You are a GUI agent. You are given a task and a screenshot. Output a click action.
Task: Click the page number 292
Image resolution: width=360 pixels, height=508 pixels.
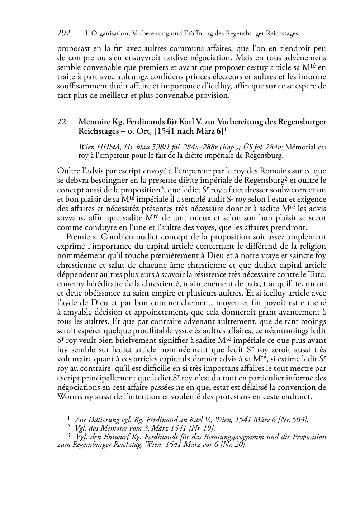64,33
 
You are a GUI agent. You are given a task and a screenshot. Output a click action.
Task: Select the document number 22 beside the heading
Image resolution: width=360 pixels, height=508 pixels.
61,122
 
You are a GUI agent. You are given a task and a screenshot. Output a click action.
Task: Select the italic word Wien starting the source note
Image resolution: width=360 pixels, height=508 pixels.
85,147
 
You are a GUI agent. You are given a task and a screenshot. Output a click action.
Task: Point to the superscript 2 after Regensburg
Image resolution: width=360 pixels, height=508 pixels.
286,178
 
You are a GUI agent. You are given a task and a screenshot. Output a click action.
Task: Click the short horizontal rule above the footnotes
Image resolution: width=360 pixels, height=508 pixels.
71,413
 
